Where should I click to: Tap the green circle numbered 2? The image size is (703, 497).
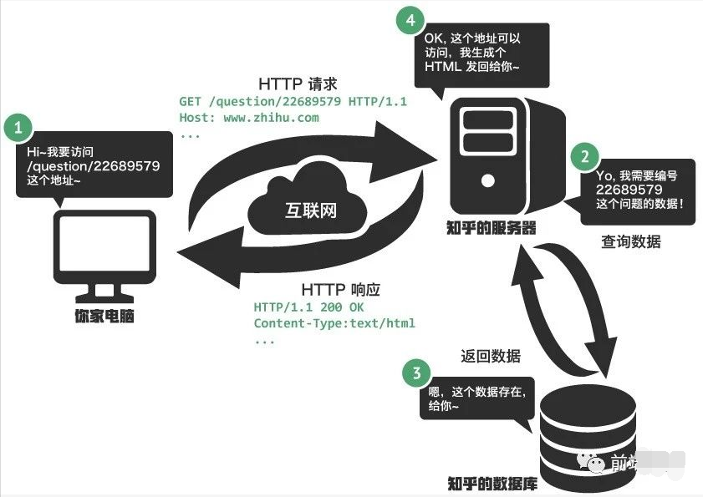click(x=584, y=156)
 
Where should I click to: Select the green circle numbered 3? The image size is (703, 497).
click(x=416, y=373)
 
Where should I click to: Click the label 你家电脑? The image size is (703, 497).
click(x=104, y=317)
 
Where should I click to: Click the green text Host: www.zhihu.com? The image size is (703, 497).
click(x=249, y=118)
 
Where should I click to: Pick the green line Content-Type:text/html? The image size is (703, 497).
click(x=334, y=323)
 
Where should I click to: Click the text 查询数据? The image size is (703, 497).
click(x=631, y=241)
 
